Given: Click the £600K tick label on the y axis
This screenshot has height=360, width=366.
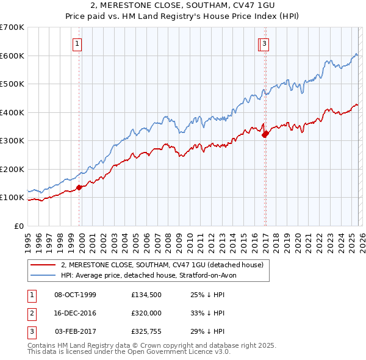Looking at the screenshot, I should tap(12, 56).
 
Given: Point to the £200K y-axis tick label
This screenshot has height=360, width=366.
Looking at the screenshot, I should tap(12, 169).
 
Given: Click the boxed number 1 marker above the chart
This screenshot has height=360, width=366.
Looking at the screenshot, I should tap(78, 43).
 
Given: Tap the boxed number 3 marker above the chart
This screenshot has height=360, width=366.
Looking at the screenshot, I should tap(265, 43).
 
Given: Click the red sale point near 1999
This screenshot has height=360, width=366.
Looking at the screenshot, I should tap(79, 187).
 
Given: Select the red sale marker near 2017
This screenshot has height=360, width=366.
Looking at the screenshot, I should tap(265, 134).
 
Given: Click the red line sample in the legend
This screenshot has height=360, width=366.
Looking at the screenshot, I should tap(43, 265).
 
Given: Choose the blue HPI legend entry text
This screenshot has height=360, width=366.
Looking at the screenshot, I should tap(152, 275).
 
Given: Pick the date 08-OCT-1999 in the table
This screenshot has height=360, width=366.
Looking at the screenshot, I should tap(75, 295).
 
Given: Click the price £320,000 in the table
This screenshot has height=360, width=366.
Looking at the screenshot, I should tap(147, 313).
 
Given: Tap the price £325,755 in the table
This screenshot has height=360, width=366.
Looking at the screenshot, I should tap(147, 331).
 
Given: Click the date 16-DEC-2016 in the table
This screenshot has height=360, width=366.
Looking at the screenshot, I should tap(75, 313).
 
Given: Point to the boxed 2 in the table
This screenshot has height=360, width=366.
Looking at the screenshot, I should tap(32, 313).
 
